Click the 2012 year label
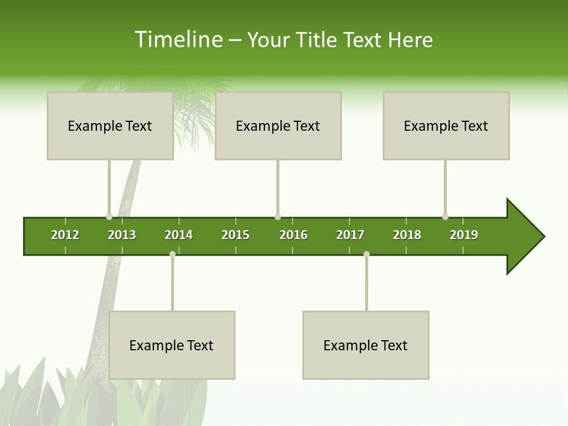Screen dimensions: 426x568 click(65, 235)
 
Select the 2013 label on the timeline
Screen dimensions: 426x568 click(122, 235)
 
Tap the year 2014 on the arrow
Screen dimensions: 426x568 click(179, 235)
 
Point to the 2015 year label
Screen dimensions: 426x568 click(235, 235)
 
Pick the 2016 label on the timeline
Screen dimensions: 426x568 click(293, 235)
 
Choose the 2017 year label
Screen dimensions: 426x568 click(350, 235)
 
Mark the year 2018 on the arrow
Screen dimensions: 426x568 click(407, 235)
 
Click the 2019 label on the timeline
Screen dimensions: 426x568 click(464, 235)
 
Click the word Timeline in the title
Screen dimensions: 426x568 click(178, 40)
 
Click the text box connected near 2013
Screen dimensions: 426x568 click(110, 125)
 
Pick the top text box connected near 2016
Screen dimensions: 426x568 click(278, 125)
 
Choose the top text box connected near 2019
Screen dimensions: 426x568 click(446, 125)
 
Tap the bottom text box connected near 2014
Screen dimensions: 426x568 click(172, 345)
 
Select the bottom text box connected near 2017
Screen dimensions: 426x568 click(366, 345)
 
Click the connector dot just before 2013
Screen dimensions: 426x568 click(109, 217)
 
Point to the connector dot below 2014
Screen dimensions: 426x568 click(172, 254)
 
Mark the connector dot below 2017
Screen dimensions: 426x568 click(366, 254)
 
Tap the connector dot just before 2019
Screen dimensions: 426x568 click(445, 217)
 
